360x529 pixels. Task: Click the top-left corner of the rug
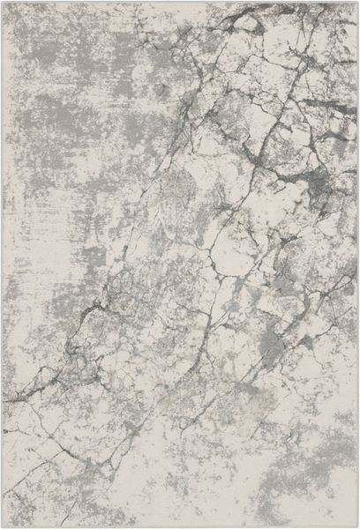(4, 3)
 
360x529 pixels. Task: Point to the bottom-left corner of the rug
(3, 526)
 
